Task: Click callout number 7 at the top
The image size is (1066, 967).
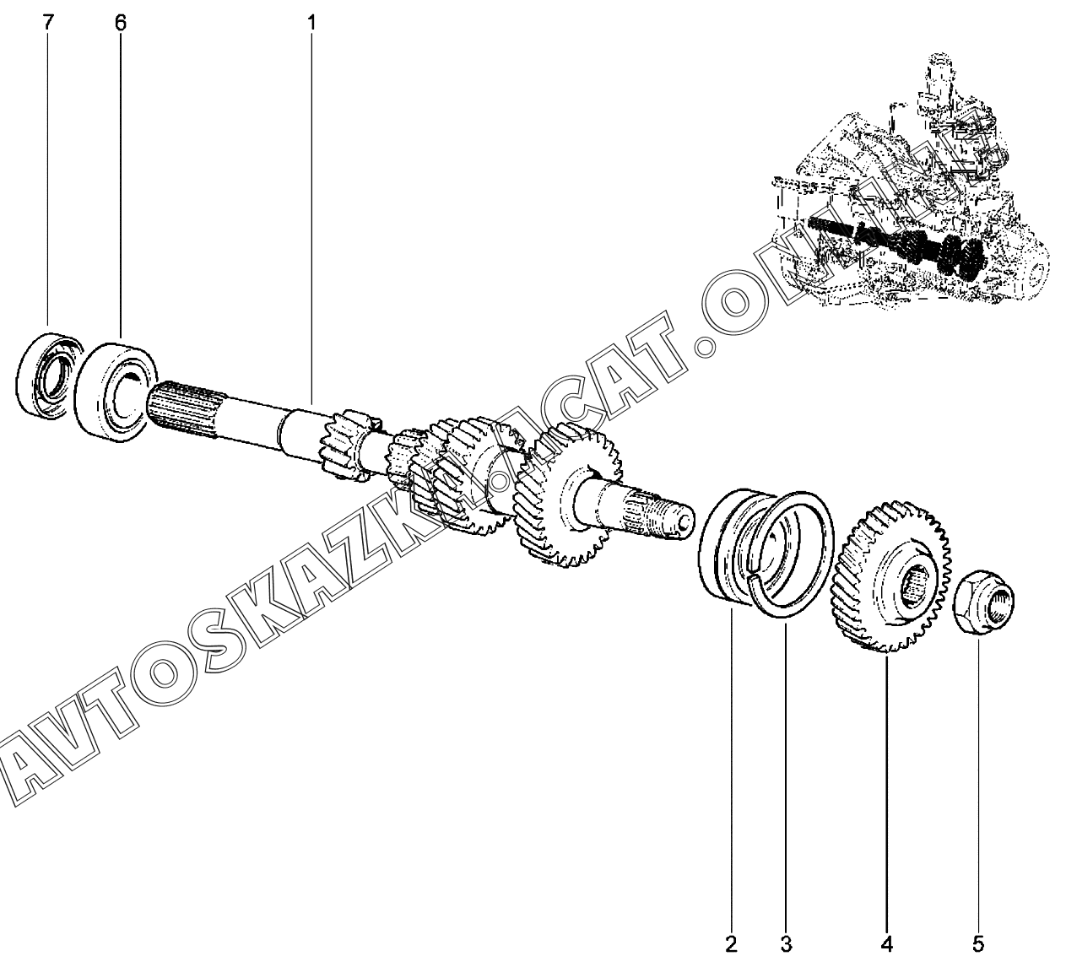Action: pos(48,24)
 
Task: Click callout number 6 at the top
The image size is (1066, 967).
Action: pos(121,24)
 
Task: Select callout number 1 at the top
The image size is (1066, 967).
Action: pos(312,24)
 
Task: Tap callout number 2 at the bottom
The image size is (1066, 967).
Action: pos(731,944)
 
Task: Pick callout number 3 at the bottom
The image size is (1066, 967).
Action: pos(786,944)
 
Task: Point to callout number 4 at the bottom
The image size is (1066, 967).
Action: pos(886,944)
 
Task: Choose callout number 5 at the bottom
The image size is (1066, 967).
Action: pos(978,944)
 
